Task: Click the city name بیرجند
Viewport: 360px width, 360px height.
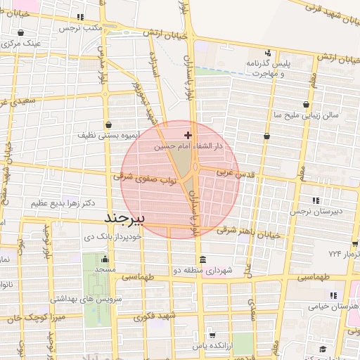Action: pyautogui.click(x=124, y=217)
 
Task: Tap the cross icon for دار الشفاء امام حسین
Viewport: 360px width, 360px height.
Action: pyautogui.click(x=187, y=134)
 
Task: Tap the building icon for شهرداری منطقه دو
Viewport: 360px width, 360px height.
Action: pyautogui.click(x=202, y=258)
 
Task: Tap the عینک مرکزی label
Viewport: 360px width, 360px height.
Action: pyautogui.click(x=22, y=44)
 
